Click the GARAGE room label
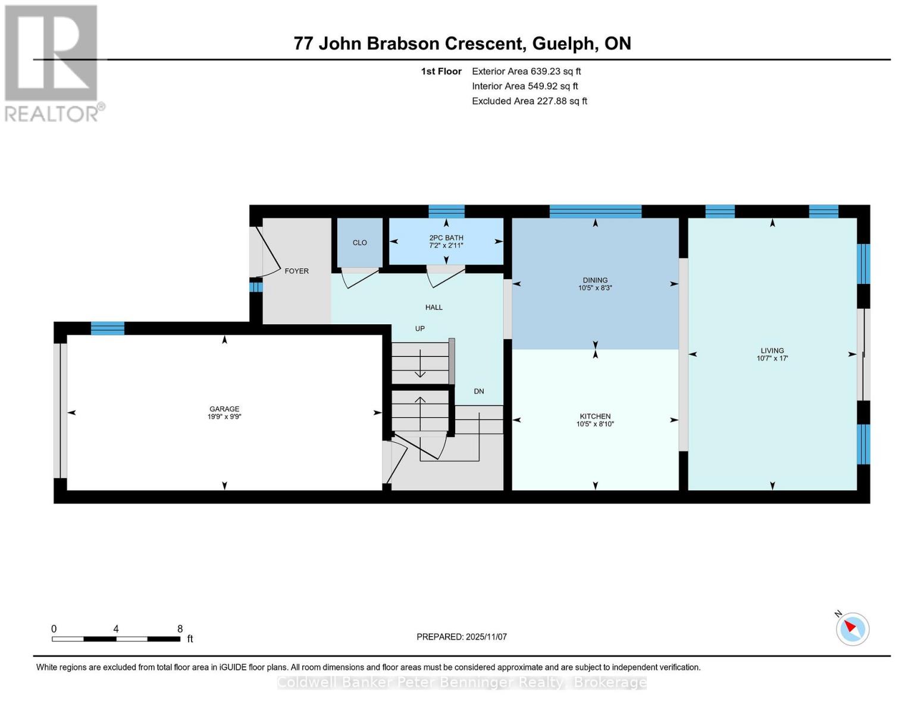point(224,409)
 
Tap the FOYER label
point(296,271)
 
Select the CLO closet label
point(359,243)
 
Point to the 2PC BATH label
point(446,237)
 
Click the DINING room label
point(595,280)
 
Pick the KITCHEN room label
point(595,416)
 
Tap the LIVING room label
point(772,350)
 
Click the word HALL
point(434,307)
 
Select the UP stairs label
point(419,328)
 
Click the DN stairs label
point(479,391)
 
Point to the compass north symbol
point(852,628)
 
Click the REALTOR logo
point(52,62)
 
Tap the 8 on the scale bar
point(180,629)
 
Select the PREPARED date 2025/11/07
point(461,637)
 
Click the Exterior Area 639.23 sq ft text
point(526,71)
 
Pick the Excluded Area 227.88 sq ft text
point(529,101)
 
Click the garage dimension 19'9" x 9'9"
point(224,417)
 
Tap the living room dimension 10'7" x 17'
point(772,358)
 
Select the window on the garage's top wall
point(108,328)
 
